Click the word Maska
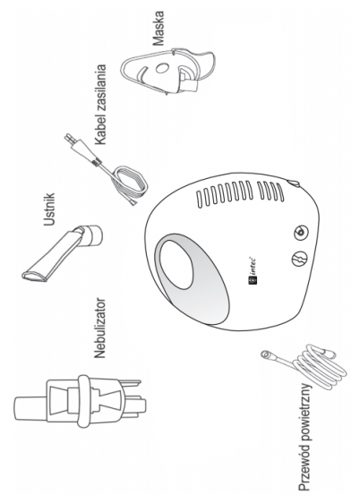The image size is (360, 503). (x=159, y=29)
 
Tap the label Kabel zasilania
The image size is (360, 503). (x=99, y=105)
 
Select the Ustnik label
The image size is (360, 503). (x=49, y=209)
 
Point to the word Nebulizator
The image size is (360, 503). (x=99, y=328)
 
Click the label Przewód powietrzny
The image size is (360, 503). (x=304, y=437)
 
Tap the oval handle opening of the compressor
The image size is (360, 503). (x=176, y=264)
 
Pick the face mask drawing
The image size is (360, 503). (x=167, y=72)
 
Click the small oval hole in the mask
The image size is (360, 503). (x=162, y=68)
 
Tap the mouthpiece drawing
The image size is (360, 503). (x=63, y=252)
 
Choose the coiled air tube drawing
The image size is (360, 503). (x=304, y=366)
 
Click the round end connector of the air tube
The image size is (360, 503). (x=266, y=354)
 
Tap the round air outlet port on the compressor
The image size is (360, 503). (x=301, y=233)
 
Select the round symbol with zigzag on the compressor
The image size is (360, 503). (x=300, y=258)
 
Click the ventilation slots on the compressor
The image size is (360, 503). (x=240, y=193)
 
